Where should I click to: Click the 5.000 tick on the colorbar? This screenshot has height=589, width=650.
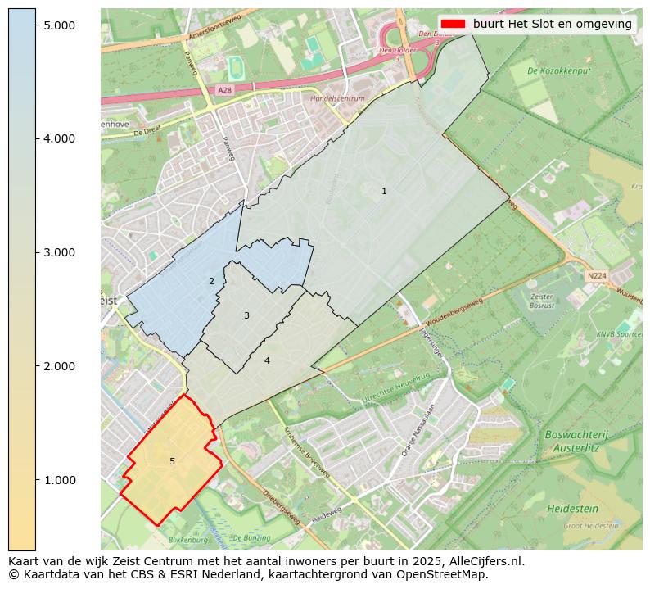pyautogui.click(x=60, y=25)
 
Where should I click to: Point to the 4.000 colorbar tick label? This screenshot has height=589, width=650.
pyautogui.click(x=60, y=138)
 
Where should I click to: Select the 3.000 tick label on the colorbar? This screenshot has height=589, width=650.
pyautogui.click(x=60, y=252)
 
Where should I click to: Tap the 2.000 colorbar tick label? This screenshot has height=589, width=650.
pyautogui.click(x=60, y=365)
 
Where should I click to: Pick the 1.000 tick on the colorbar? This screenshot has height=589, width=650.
pyautogui.click(x=60, y=479)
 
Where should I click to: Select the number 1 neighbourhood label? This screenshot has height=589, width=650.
pyautogui.click(x=384, y=191)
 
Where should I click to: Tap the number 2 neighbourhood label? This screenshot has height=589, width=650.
pyautogui.click(x=211, y=281)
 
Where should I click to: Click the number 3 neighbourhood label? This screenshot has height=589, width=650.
pyautogui.click(x=246, y=315)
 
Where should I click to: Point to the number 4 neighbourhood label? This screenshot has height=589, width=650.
pyautogui.click(x=267, y=360)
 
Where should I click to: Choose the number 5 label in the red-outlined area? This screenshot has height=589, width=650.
pyautogui.click(x=172, y=461)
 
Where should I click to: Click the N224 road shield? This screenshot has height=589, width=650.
pyautogui.click(x=596, y=276)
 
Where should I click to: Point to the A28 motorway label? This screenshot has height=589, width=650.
pyautogui.click(x=225, y=89)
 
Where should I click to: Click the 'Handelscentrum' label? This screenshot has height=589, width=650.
pyautogui.click(x=337, y=98)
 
